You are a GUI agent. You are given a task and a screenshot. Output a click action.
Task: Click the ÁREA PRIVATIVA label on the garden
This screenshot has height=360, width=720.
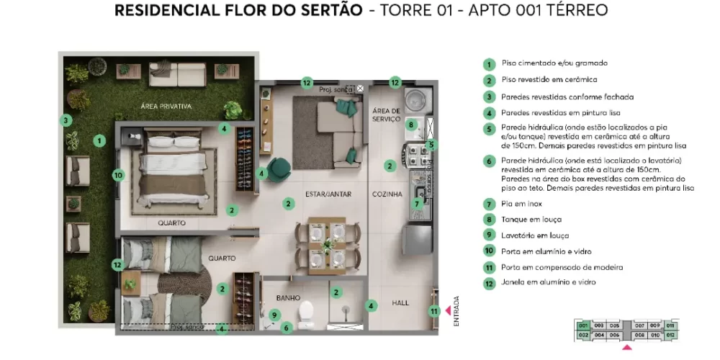click(166, 107)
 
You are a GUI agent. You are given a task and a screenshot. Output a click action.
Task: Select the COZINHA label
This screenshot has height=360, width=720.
click(387, 194)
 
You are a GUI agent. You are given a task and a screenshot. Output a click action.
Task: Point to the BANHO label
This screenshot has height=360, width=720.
click(288, 297)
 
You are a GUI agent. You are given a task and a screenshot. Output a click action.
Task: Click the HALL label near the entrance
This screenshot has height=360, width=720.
click(400, 303)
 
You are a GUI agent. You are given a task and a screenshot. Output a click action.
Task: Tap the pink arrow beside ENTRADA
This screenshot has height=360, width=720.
click(449, 311)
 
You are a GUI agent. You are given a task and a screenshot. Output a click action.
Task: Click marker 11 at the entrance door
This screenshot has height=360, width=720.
click(433, 311)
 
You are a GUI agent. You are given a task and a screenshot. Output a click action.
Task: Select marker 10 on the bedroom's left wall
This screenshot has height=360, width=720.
click(119, 174)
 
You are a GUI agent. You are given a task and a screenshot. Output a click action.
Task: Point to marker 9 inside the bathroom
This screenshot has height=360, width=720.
click(274, 315)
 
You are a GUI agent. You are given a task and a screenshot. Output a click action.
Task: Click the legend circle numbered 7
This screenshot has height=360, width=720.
click(489, 204)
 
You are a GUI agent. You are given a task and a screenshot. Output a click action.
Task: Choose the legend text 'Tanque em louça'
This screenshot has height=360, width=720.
click(531, 220)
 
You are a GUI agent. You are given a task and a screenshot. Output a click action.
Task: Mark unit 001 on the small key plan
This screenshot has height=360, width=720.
click(583, 325)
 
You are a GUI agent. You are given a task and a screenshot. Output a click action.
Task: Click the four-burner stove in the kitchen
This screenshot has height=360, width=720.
click(418, 153)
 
